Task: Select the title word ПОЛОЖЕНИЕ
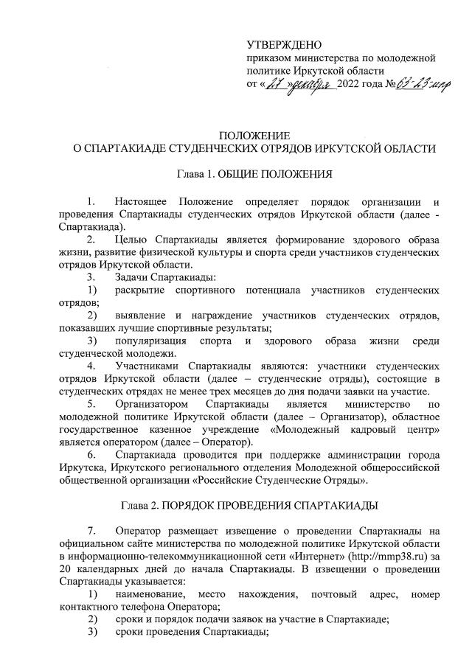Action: tap(254, 135)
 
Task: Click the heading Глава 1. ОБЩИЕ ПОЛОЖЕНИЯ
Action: tap(254, 175)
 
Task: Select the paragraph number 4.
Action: tap(91, 365)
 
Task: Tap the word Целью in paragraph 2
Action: tap(130, 239)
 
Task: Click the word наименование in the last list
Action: tap(153, 593)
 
